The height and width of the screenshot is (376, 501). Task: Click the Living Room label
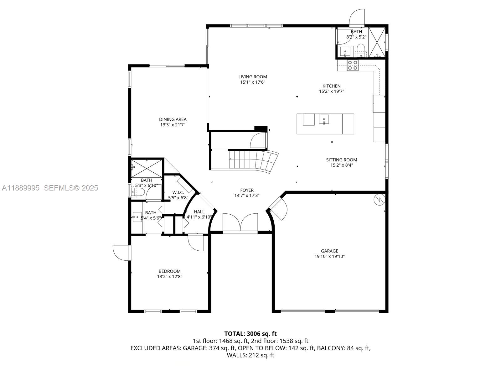252,77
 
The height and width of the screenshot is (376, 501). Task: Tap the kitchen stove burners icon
353,65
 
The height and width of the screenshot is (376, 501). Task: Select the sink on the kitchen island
324,119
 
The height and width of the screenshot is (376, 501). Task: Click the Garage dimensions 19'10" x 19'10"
329,256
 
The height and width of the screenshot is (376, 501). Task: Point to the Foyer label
247,190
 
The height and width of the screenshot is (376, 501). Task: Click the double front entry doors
240,223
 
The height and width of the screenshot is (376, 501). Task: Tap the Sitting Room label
341,160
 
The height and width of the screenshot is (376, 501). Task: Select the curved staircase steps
254,160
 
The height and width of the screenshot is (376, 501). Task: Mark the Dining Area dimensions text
173,125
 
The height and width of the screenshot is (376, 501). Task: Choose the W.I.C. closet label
178,192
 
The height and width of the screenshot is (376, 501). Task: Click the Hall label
199,212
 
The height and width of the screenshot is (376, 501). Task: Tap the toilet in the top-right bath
361,50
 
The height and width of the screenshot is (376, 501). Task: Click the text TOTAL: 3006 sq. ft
250,334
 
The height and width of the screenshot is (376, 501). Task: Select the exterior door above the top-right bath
357,18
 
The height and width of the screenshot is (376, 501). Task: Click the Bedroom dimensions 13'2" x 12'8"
169,277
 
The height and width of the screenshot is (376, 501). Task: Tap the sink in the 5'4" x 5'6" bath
137,217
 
